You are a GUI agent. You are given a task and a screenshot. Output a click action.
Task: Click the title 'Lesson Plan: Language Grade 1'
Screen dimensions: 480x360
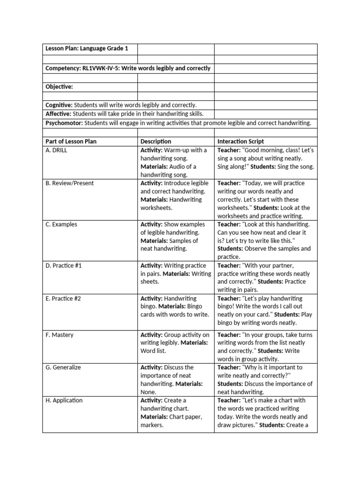tap(86, 49)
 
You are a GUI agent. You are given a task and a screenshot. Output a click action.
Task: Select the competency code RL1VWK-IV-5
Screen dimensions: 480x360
tap(101, 68)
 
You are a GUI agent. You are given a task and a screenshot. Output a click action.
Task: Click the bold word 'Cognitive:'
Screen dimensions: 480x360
tap(59, 105)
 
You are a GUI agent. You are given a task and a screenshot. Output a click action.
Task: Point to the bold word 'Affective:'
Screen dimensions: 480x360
tap(59, 114)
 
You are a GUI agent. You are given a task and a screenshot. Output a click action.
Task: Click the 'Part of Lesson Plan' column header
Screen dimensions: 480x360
tap(71, 142)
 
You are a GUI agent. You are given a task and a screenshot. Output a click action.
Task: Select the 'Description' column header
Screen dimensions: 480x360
tap(156, 142)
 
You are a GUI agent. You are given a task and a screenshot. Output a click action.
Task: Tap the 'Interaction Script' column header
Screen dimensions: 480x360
tap(240, 142)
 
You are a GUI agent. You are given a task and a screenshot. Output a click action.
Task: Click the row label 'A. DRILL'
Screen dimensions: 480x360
tap(56, 150)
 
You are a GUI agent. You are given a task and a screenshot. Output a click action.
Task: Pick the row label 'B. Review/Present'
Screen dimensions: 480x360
tap(69, 183)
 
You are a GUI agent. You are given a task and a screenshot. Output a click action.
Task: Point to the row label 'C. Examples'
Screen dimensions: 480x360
tap(61, 225)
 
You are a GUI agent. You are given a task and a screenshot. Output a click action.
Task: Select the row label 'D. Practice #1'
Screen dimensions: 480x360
tap(63, 266)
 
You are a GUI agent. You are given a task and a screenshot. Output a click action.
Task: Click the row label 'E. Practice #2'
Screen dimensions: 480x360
tap(63, 299)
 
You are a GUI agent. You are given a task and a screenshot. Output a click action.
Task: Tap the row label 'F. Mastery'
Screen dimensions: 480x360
tap(60, 335)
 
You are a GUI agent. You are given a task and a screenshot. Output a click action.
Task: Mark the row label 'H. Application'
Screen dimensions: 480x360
tap(64, 400)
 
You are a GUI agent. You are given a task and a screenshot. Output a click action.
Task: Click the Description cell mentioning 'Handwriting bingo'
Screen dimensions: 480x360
tap(175, 307)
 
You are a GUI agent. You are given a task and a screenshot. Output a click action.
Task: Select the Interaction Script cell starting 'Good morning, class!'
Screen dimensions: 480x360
tap(265, 158)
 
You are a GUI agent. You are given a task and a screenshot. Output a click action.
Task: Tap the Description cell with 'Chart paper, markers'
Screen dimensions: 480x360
tap(175, 412)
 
